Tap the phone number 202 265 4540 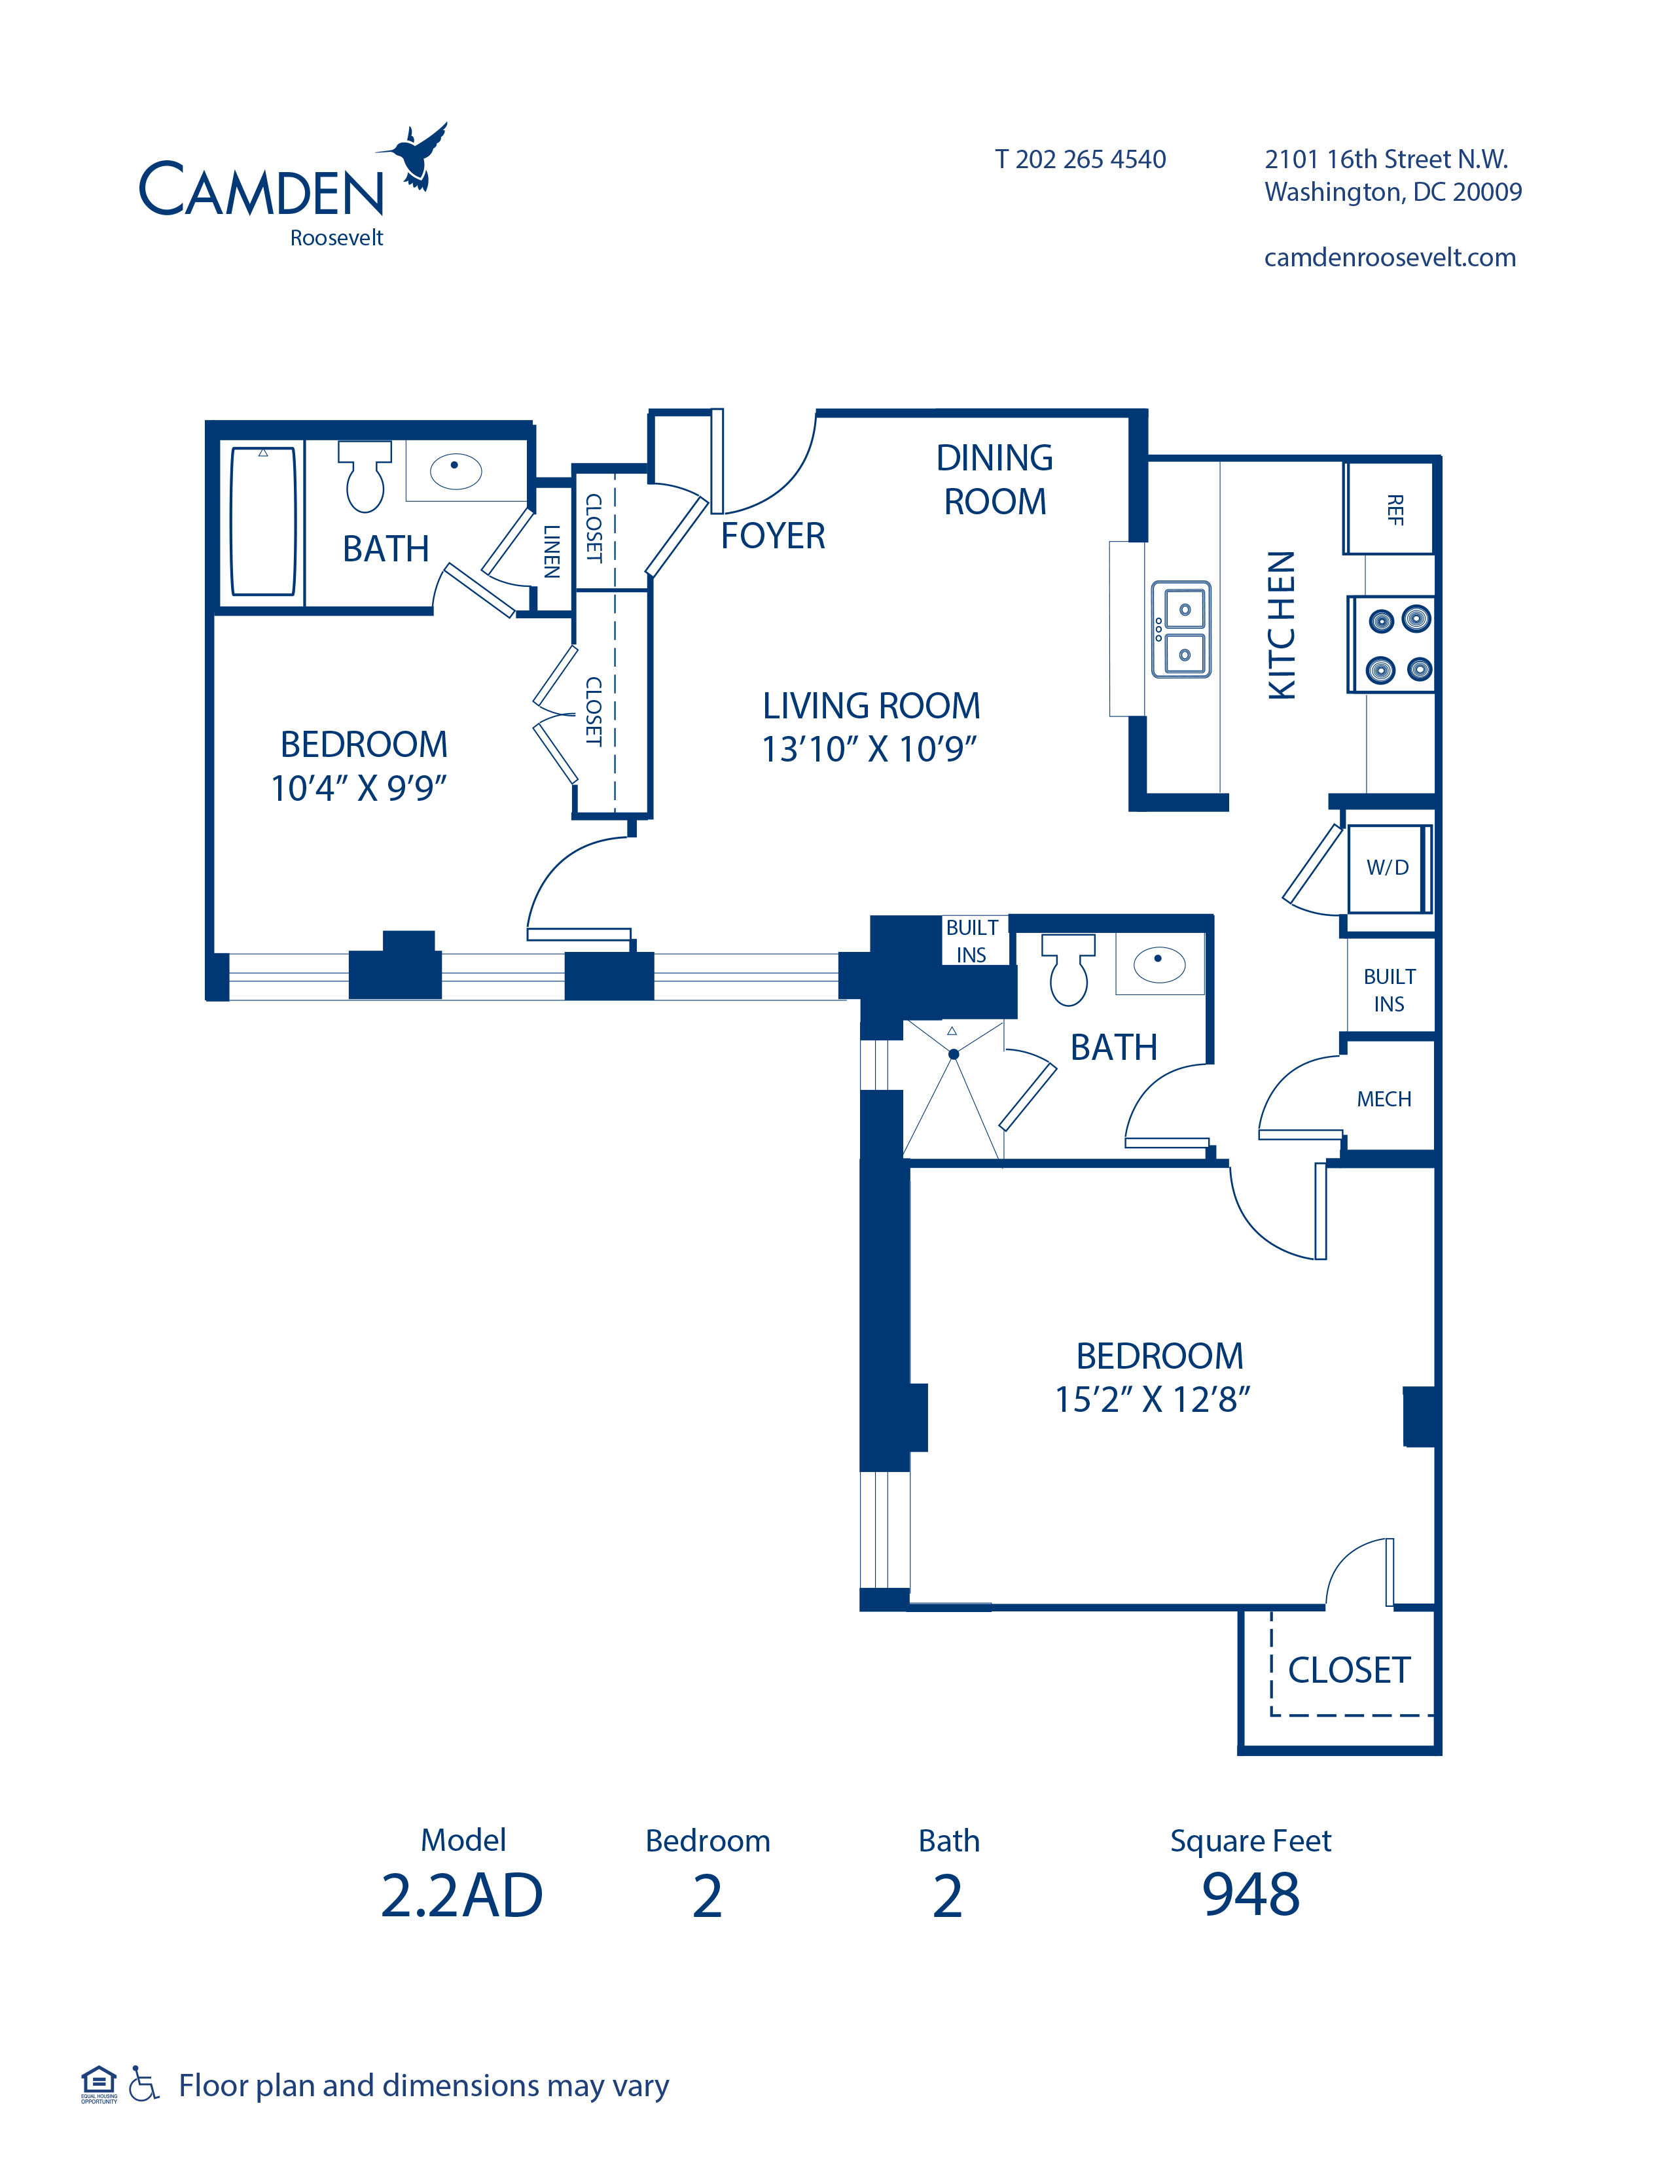coord(1090,159)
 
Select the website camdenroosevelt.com coord(1389,258)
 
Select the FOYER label coord(772,536)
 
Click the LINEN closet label coord(552,551)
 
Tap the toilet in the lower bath coord(1069,970)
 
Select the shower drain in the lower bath coord(954,1054)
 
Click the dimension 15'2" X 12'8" coord(1152,1400)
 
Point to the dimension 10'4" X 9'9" coord(359,788)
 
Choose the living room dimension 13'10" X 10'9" coord(869,749)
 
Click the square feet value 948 coord(1251,1895)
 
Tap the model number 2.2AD coord(461,1896)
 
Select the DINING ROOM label coord(995,480)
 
